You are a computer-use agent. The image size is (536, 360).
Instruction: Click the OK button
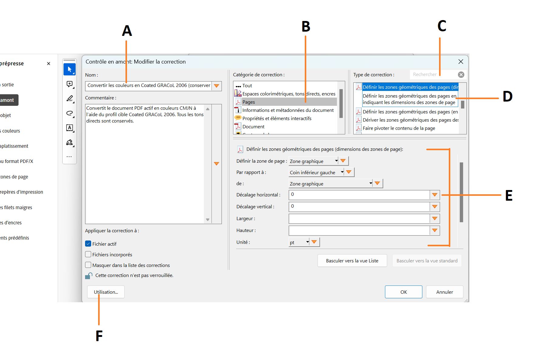pyautogui.click(x=403, y=292)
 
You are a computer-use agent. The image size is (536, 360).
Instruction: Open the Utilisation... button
pyautogui.click(x=106, y=292)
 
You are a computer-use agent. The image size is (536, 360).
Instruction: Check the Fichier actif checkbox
pyautogui.click(x=88, y=244)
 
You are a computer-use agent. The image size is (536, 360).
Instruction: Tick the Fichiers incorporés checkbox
pyautogui.click(x=88, y=254)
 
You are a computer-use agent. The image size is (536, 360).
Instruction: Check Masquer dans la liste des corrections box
pyautogui.click(x=88, y=265)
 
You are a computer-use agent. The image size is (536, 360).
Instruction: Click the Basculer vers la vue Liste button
pyautogui.click(x=352, y=261)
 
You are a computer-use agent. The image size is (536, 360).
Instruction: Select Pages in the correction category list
pyautogui.click(x=249, y=102)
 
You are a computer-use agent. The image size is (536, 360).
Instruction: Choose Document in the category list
pyautogui.click(x=253, y=127)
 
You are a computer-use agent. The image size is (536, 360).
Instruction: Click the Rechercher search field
pyautogui.click(x=433, y=74)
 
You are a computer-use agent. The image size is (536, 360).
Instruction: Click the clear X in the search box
pyautogui.click(x=461, y=74)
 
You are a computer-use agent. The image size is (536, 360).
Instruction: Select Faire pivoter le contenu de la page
pyautogui.click(x=399, y=128)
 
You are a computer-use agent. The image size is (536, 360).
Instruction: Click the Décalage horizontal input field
pyautogui.click(x=359, y=195)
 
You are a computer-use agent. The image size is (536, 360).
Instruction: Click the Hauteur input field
pyautogui.click(x=359, y=230)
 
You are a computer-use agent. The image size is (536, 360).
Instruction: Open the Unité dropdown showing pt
pyautogui.click(x=299, y=242)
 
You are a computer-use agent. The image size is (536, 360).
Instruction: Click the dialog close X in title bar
pyautogui.click(x=461, y=62)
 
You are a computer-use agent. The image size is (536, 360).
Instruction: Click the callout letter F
pyautogui.click(x=99, y=336)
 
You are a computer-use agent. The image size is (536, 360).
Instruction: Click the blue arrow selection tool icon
pyautogui.click(x=70, y=69)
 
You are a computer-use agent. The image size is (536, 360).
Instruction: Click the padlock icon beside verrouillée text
pyautogui.click(x=89, y=275)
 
